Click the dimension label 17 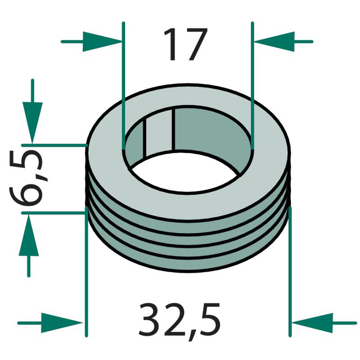185,44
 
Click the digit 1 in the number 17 171,44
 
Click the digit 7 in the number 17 196,44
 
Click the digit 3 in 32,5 150,319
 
